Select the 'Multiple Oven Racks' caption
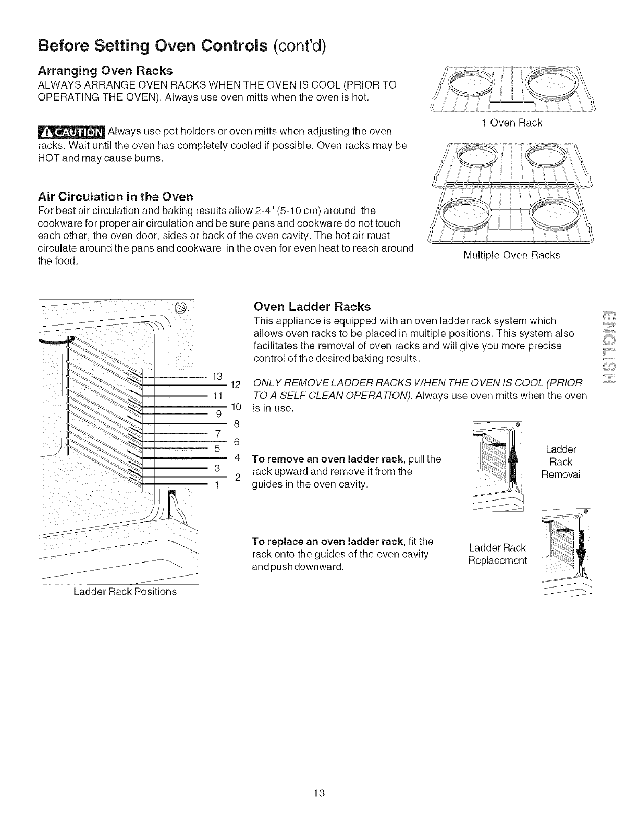tap(511, 255)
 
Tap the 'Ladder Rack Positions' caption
tap(125, 591)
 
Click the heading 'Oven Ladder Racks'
tap(312, 306)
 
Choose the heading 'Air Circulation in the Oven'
tap(116, 196)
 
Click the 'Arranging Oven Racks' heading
tap(105, 70)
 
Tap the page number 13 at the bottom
tap(319, 793)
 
